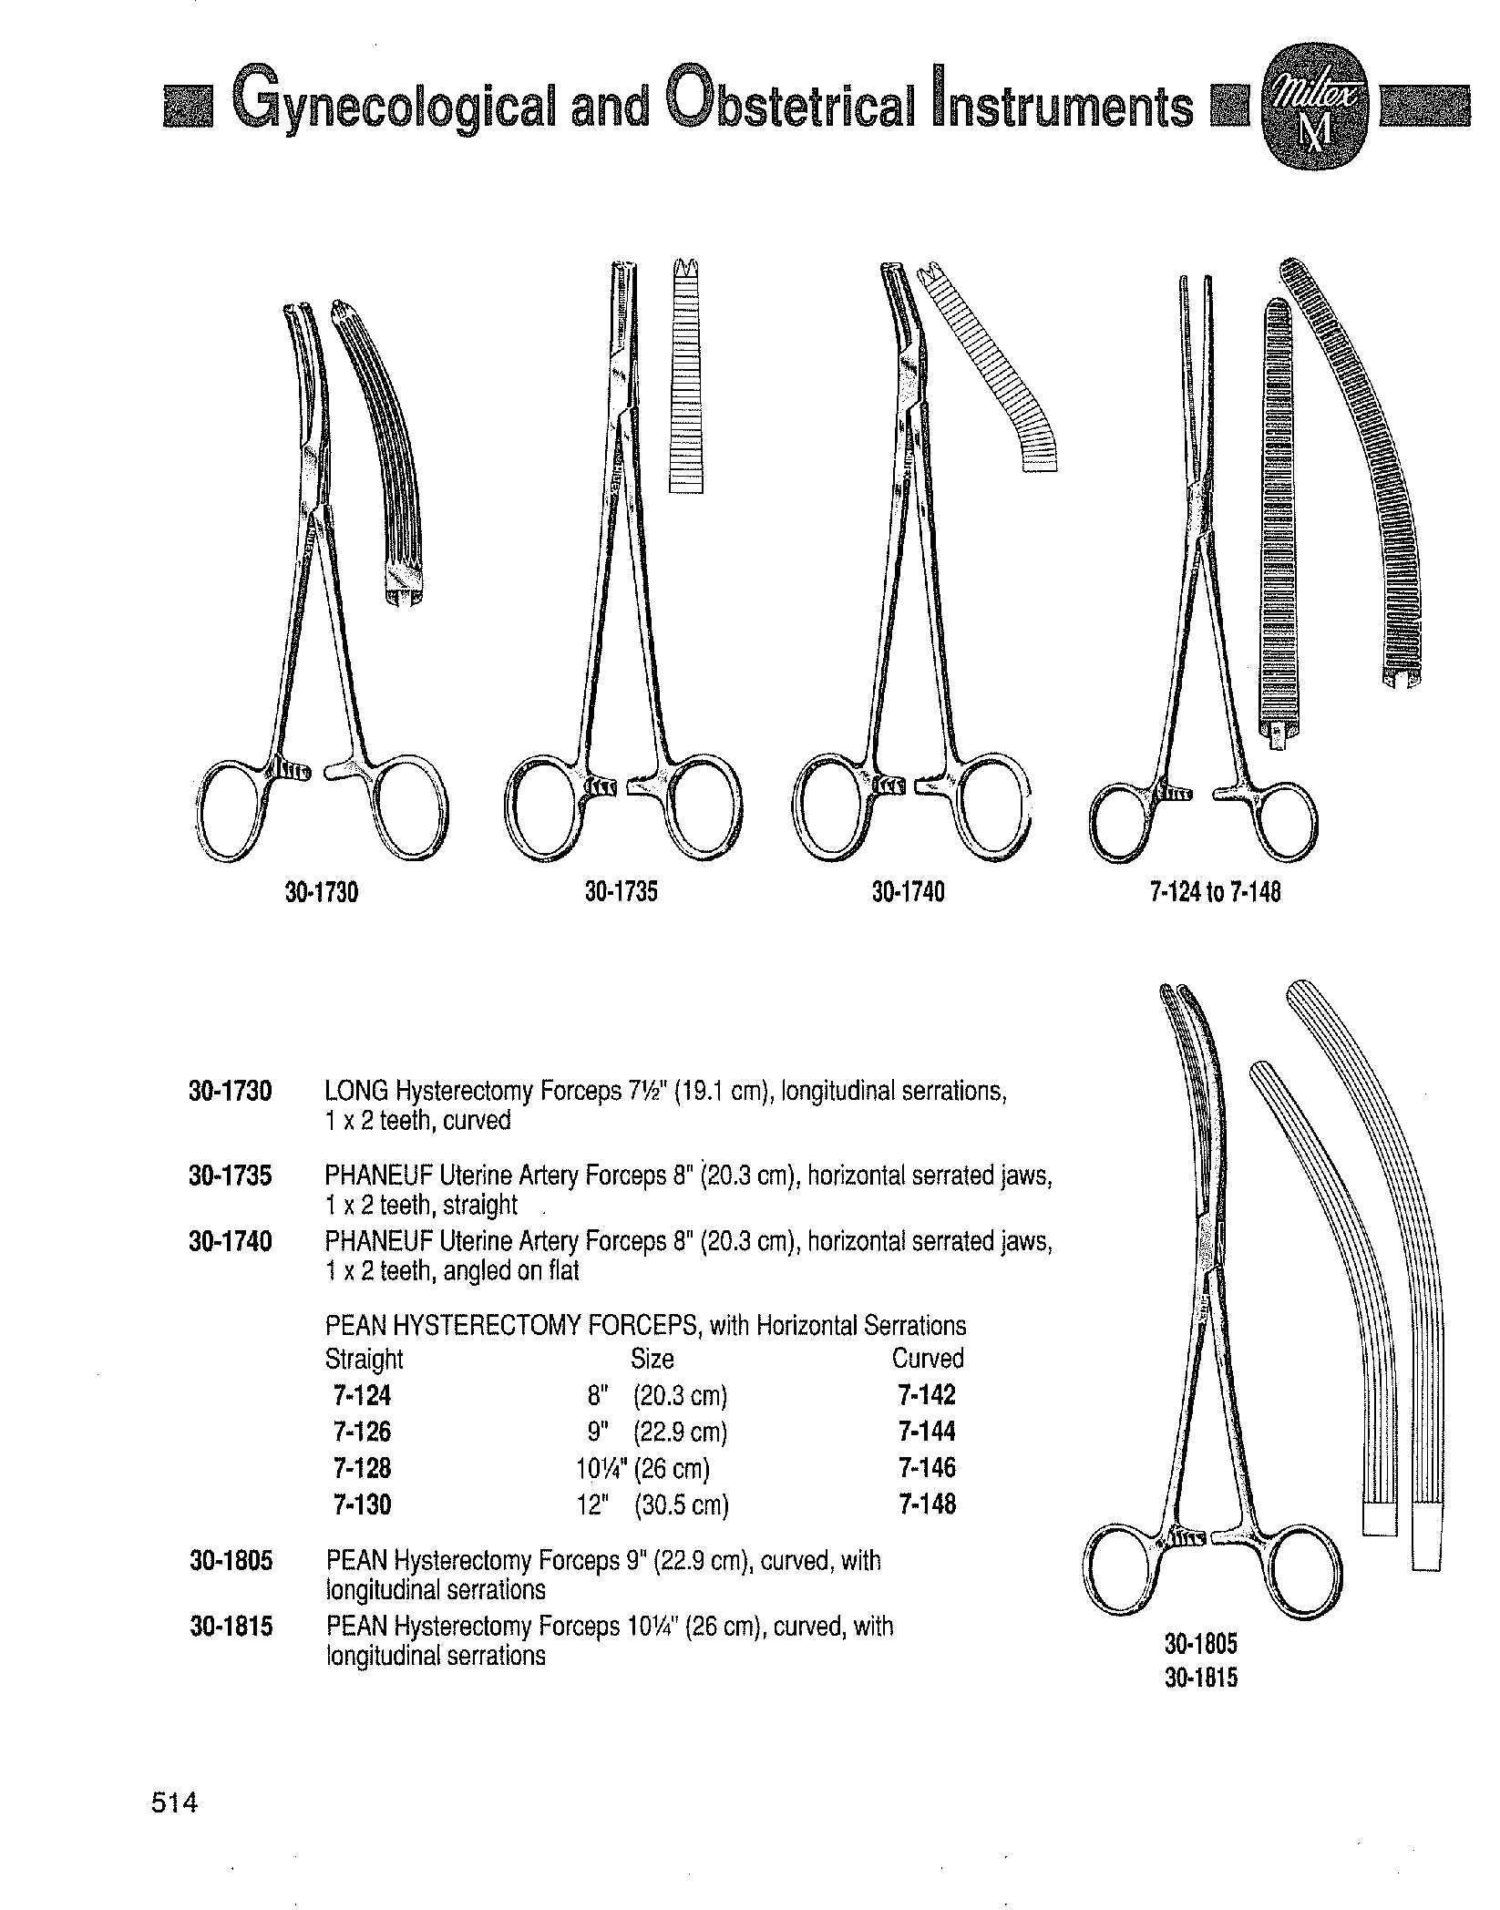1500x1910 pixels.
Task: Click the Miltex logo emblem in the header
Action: coord(1313,108)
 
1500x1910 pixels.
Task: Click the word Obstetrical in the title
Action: coord(789,108)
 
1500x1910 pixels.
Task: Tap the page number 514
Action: coord(174,1802)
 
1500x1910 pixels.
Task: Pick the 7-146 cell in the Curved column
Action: coord(927,1468)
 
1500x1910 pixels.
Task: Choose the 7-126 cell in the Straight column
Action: coord(362,1432)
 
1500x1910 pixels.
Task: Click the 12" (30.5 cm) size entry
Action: coord(652,1504)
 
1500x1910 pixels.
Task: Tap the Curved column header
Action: coord(927,1359)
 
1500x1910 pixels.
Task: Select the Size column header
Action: coord(652,1359)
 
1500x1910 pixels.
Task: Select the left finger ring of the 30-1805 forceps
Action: coord(1122,1577)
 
